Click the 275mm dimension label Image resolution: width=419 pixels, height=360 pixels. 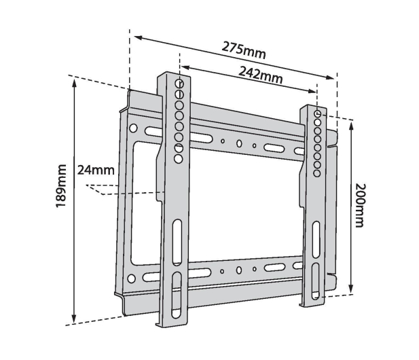tap(244, 50)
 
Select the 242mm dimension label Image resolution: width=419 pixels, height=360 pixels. tap(260, 75)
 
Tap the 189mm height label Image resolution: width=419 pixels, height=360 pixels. tap(61, 186)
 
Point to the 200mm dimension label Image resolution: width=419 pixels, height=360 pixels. tap(360, 205)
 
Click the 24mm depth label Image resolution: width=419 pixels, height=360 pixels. tap(96, 170)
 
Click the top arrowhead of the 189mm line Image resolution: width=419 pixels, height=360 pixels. tap(75, 84)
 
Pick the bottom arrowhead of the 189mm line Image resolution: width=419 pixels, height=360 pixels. tap(74, 319)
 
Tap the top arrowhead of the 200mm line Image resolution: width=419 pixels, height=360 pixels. tap(351, 126)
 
